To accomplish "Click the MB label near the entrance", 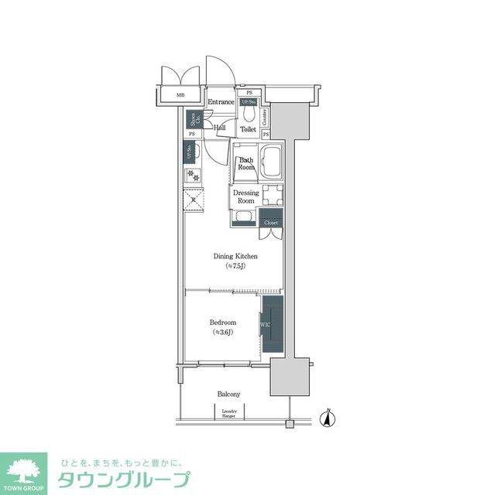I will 180,96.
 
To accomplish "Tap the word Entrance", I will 221,102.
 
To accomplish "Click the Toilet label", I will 247,130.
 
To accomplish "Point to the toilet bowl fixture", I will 247,114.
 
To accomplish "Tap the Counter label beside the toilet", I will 265,118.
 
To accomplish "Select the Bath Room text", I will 246,164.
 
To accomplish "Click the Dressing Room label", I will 245,196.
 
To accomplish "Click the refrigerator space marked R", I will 194,200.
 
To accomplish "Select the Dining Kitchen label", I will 235,256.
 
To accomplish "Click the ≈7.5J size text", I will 235,266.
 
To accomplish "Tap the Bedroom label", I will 222,322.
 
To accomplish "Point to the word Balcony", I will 228,394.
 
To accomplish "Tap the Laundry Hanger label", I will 228,414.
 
